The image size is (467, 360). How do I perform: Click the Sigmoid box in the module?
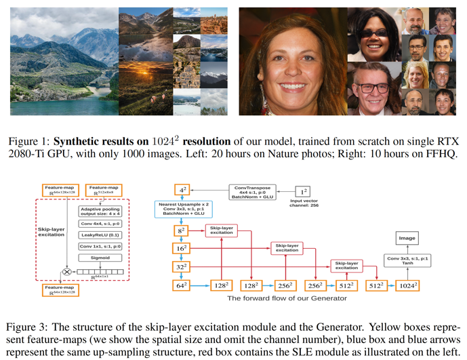tap(96, 258)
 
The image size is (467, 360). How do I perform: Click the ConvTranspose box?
tap(251, 193)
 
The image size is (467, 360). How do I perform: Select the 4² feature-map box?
tap(182, 191)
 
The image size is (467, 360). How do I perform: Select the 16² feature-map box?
tap(182, 249)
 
